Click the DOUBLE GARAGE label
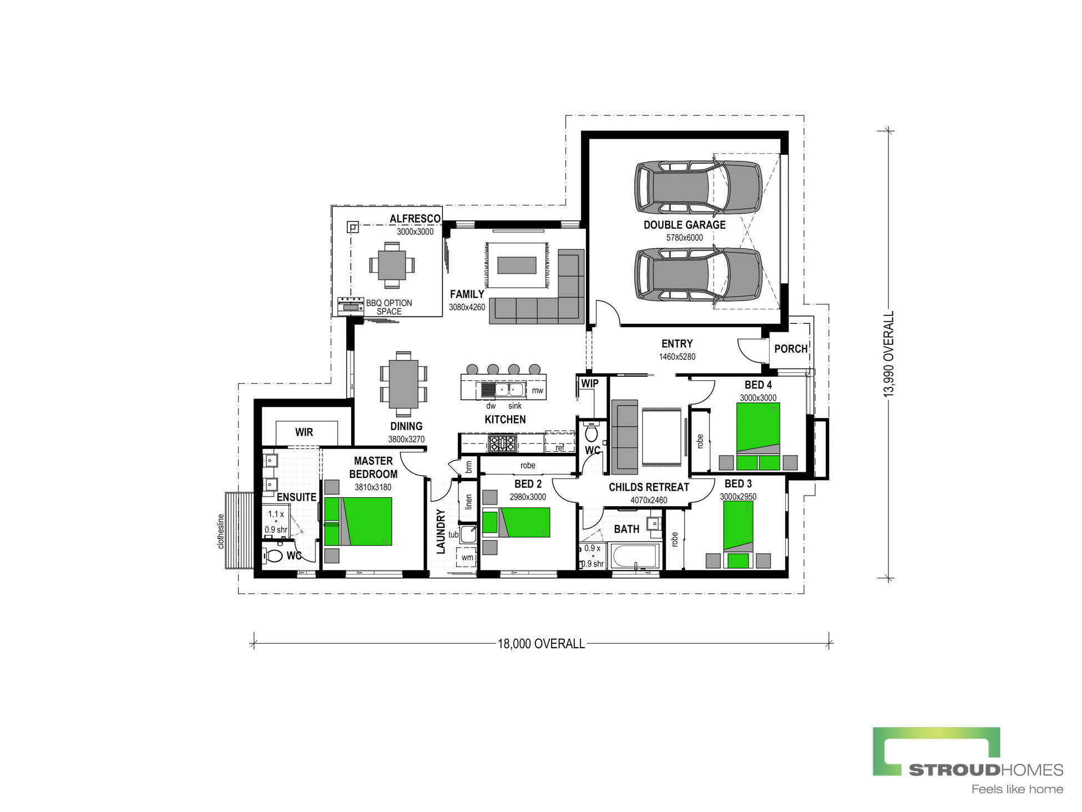pyautogui.click(x=684, y=225)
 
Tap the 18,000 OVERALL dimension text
pyautogui.click(x=541, y=644)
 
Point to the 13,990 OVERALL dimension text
pyautogui.click(x=889, y=354)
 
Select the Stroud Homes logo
pyautogui.click(x=968, y=760)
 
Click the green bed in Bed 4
pyautogui.click(x=758, y=436)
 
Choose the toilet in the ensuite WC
pyautogui.click(x=274, y=555)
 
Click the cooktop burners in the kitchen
pyautogui.click(x=502, y=443)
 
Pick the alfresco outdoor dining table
pyautogui.click(x=392, y=265)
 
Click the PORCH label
pyautogui.click(x=791, y=349)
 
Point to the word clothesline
pyautogui.click(x=221, y=531)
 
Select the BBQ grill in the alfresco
pyautogui.click(x=351, y=306)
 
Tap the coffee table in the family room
pyautogui.click(x=517, y=265)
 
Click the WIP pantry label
pyautogui.click(x=590, y=383)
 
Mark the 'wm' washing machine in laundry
pyautogui.click(x=467, y=557)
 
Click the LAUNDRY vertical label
pyautogui.click(x=441, y=531)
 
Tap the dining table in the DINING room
pyautogui.click(x=403, y=384)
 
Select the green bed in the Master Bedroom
pyautogui.click(x=358, y=521)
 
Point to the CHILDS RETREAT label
pyautogui.click(x=649, y=487)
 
